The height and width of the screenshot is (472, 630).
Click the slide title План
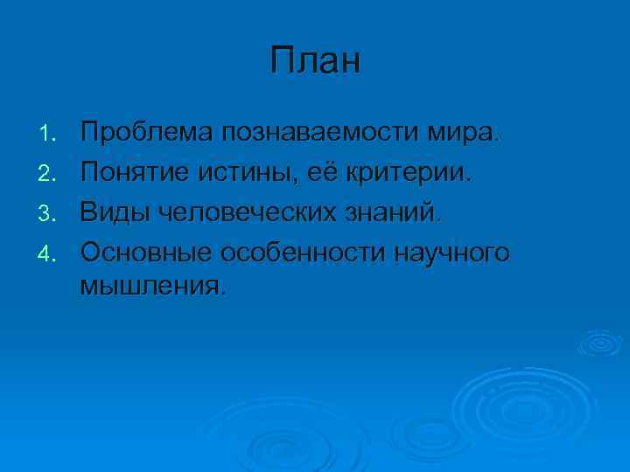pyautogui.click(x=315, y=62)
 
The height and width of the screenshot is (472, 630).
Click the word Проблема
pyautogui.click(x=147, y=133)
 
